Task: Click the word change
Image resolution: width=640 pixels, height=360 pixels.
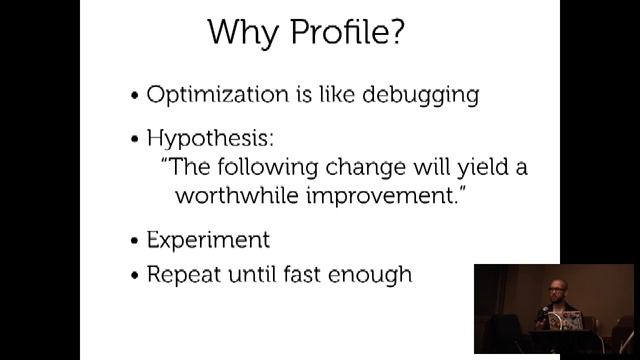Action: tap(358, 166)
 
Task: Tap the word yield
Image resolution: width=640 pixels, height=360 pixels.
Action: tap(469, 166)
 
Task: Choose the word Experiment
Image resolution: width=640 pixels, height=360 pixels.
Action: tap(208, 241)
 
